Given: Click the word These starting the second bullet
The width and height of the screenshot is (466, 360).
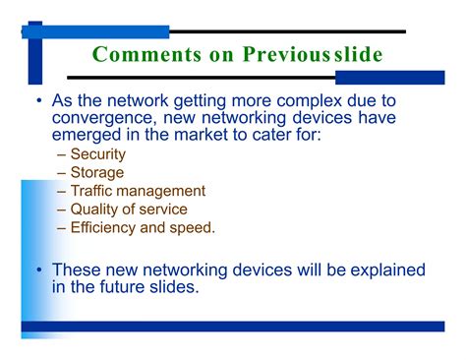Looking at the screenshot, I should coord(79,269).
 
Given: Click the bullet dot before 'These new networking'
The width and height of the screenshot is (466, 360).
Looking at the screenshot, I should coord(38,269).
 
